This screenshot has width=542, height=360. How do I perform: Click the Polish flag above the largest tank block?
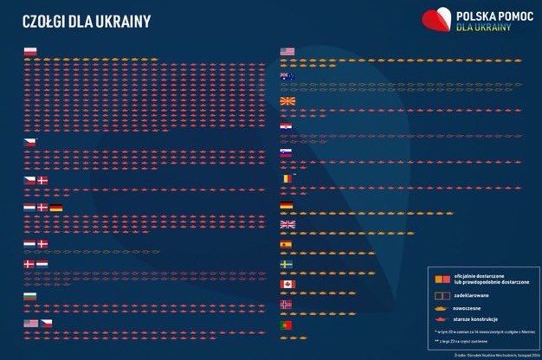coord(30,51)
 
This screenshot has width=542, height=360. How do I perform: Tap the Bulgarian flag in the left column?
coord(30,297)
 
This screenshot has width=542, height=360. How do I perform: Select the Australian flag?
coord(287,77)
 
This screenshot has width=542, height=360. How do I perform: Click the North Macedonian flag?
coord(287,102)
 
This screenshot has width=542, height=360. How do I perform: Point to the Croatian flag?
coord(287,128)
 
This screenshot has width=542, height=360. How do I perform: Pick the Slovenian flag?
coord(287,153)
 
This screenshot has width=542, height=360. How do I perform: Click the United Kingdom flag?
coord(287,225)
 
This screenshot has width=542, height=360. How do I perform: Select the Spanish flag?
coord(287,245)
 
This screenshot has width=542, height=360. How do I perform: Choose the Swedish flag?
coord(287,264)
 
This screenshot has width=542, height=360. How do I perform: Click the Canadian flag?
coord(287,284)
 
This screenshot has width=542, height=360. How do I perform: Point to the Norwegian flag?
coord(287,305)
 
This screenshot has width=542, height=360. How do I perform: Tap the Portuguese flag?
coord(287,325)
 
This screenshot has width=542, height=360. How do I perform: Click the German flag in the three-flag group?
coord(56,209)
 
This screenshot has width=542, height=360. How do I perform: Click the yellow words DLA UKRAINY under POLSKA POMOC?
coord(483,27)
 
